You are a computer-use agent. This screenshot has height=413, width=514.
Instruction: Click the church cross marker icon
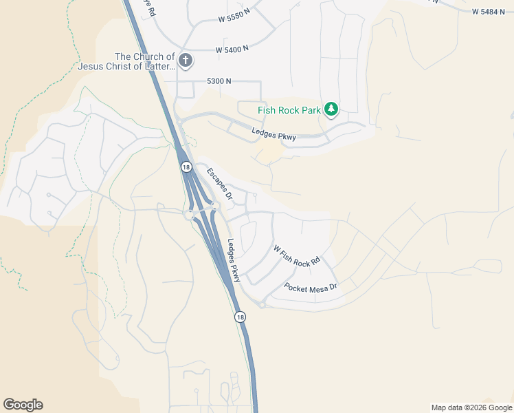coord(185,61)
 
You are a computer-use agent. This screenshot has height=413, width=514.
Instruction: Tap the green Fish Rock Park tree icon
coord(331,109)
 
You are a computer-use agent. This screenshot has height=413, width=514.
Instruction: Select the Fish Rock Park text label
coord(289,110)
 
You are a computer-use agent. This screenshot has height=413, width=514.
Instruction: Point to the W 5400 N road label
coord(231,50)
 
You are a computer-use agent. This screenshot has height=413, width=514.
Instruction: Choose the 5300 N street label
coord(219,81)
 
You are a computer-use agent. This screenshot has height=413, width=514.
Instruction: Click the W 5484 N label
coord(489,12)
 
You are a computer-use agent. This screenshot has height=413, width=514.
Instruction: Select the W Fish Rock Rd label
coord(297,255)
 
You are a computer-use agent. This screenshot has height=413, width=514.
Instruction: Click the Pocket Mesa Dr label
coord(311,286)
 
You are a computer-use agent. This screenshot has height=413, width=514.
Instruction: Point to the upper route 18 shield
coord(186,167)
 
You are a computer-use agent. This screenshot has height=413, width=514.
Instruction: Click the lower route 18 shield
coord(239,317)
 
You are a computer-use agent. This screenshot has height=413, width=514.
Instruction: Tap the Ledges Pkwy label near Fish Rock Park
coord(273,135)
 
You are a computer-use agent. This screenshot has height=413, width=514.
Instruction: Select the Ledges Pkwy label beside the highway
coord(234,261)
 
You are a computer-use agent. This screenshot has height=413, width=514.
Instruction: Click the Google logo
coord(23,405)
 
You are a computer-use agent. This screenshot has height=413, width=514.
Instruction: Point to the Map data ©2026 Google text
coord(471,407)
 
